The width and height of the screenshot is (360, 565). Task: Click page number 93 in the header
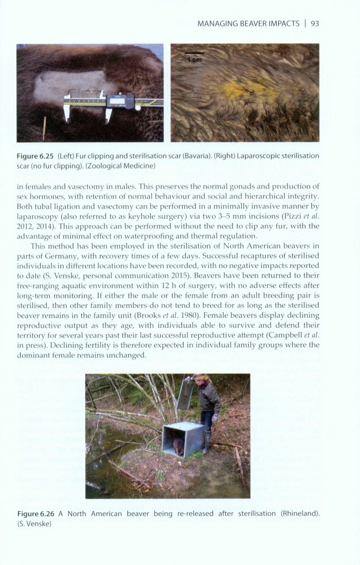[315, 23]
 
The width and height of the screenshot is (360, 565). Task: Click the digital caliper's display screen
[118, 101]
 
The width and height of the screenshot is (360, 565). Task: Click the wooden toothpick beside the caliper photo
[44, 129]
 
